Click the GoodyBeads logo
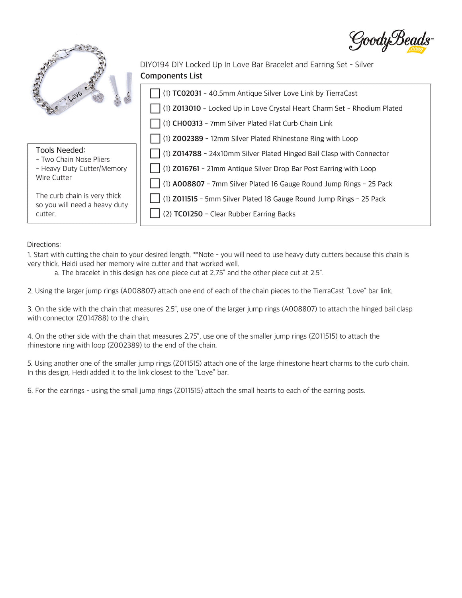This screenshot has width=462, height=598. click(390, 41)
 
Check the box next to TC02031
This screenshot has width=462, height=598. click(155, 93)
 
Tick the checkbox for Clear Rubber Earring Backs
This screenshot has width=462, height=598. click(155, 214)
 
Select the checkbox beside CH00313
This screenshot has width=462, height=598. click(155, 124)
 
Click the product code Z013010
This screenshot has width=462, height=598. click(186, 108)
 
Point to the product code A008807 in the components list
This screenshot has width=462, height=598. click(188, 184)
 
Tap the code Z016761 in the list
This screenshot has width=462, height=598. click(186, 169)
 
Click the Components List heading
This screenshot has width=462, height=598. click(171, 76)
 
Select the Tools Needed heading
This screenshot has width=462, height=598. click(61, 150)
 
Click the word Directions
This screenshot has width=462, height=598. click(44, 244)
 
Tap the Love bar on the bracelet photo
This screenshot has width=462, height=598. click(70, 98)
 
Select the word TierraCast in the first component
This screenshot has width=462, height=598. click(341, 93)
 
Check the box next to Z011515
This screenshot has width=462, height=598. click(155, 198)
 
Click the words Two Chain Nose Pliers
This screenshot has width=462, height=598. click(75, 159)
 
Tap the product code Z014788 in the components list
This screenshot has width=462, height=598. click(187, 153)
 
